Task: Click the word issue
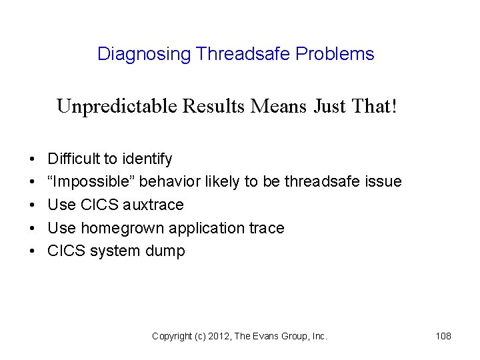click(x=382, y=181)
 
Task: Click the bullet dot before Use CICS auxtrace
click(x=32, y=205)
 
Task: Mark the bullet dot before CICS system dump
click(x=32, y=251)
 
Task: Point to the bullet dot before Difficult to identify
click(x=32, y=159)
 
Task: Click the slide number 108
click(x=443, y=336)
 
